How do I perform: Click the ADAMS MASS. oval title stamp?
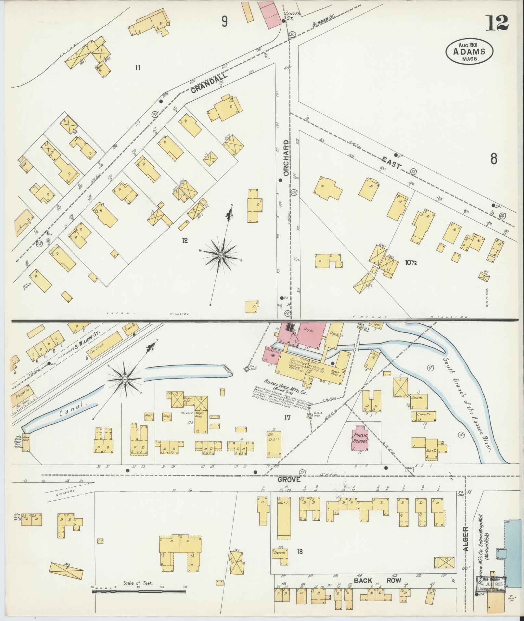[x=469, y=51]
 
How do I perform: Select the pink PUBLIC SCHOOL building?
[x=360, y=440]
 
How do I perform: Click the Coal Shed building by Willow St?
[x=104, y=346]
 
